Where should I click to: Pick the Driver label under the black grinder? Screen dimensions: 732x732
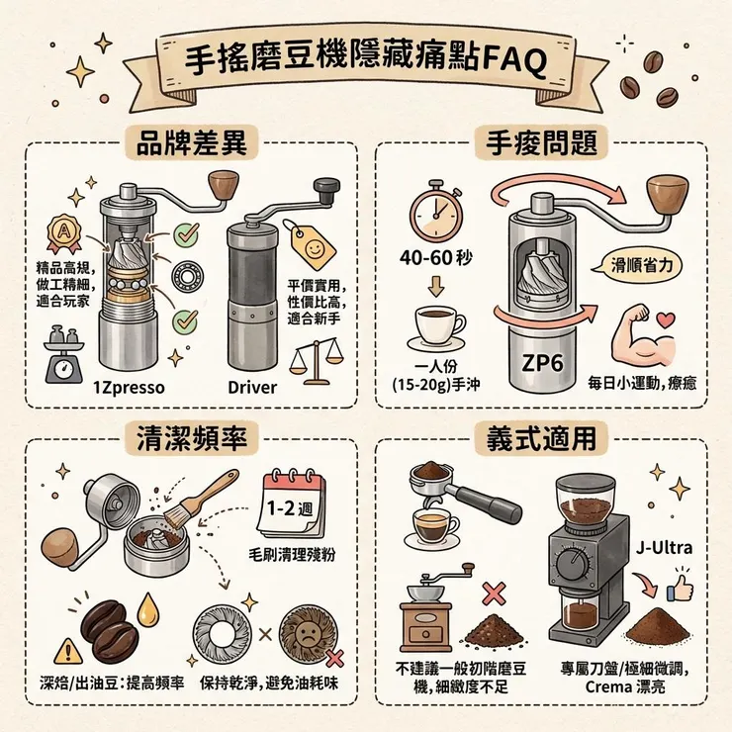point(252,387)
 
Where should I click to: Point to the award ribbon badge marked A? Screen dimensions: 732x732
point(60,235)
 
